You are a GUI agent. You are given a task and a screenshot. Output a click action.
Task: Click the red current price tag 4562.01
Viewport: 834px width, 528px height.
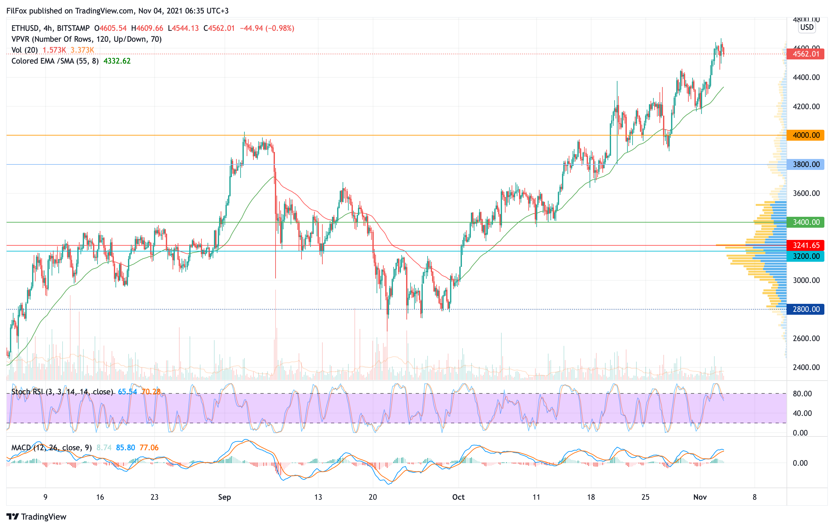tap(805, 54)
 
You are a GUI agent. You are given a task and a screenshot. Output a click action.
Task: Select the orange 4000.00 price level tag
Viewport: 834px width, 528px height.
tap(805, 135)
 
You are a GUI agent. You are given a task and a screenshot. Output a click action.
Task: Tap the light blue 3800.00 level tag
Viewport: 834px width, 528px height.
tap(805, 164)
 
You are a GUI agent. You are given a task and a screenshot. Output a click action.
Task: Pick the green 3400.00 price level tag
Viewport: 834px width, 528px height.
tap(805, 222)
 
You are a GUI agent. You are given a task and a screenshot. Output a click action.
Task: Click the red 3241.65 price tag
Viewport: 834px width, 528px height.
tap(805, 245)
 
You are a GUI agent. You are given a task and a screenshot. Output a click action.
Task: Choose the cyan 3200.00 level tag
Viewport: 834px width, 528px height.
tap(805, 256)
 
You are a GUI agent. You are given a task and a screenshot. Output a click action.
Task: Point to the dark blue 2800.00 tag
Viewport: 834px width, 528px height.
tap(805, 309)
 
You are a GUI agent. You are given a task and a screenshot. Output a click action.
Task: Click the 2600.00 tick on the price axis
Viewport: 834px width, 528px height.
tap(806, 339)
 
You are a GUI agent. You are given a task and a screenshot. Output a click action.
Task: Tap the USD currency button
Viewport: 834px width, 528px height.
tap(807, 27)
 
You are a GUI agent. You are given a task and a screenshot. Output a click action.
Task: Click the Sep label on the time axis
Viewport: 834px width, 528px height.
tap(225, 497)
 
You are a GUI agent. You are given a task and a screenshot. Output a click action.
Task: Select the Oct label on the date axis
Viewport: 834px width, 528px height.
tap(458, 497)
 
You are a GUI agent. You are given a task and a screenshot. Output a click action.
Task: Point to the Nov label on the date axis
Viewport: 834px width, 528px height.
tap(700, 497)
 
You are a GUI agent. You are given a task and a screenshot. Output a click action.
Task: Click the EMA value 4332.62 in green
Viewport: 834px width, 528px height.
tap(117, 61)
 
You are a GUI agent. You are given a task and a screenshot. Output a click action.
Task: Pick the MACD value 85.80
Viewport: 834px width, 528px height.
tap(125, 448)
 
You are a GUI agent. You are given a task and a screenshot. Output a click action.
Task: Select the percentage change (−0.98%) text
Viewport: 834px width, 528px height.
tap(280, 28)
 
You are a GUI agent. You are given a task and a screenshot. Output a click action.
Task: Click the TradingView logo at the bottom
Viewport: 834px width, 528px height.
tap(36, 516)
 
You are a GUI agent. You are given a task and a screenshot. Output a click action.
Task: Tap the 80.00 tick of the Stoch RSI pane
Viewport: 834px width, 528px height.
tap(802, 394)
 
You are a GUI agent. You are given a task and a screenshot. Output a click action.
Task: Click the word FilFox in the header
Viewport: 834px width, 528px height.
tap(17, 11)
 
